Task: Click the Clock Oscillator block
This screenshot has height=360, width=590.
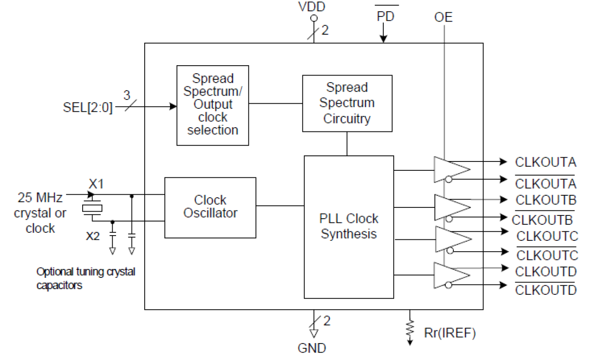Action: click(x=210, y=207)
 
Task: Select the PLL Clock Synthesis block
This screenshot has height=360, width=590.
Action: click(x=349, y=227)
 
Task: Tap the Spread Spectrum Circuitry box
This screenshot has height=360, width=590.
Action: click(x=347, y=103)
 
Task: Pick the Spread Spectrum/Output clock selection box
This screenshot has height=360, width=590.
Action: click(x=212, y=105)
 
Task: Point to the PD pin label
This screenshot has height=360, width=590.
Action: click(x=386, y=16)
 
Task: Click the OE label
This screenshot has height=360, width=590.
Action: click(x=443, y=17)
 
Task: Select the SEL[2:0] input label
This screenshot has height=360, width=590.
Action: click(x=88, y=108)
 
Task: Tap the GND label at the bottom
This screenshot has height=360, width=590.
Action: click(x=312, y=348)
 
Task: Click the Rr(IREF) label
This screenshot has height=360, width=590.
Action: click(x=450, y=333)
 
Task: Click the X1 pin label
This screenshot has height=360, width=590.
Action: click(x=96, y=183)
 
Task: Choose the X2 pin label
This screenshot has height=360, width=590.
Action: click(x=93, y=236)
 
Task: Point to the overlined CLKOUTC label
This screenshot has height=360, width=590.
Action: click(x=547, y=255)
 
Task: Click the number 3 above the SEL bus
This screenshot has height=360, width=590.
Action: click(x=127, y=95)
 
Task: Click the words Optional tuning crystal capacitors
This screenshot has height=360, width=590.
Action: click(x=85, y=278)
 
